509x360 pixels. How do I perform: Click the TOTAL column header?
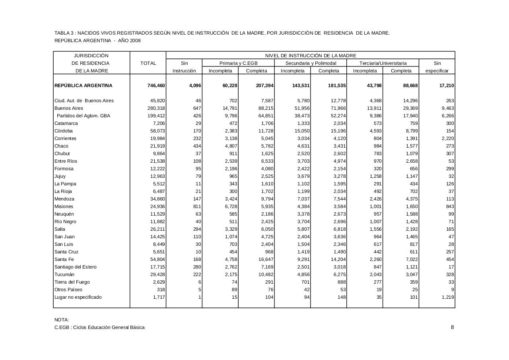click(x=148, y=63)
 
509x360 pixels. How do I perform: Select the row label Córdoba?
click(x=64, y=131)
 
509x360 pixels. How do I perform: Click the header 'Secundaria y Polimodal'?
click(x=311, y=63)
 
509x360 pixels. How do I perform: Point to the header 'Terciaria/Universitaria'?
click(x=383, y=63)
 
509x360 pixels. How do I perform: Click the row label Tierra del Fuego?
click(x=72, y=282)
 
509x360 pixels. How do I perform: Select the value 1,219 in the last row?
click(x=448, y=297)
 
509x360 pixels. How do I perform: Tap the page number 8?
click(x=452, y=327)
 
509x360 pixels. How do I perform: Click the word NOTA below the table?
click(x=62, y=320)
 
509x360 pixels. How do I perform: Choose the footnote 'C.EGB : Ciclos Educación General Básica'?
click(x=99, y=327)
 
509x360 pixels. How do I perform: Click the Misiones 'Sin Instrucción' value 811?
click(x=197, y=206)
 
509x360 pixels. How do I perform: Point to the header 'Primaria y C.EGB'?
click(x=239, y=63)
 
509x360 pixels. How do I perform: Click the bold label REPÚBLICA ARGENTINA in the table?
click(x=84, y=86)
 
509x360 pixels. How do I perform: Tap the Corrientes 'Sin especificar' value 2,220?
click(x=448, y=138)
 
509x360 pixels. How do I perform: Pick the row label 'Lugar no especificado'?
click(x=78, y=297)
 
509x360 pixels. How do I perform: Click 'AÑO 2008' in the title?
click(x=129, y=41)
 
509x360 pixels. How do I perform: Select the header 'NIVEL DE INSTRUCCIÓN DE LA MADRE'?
click(x=311, y=56)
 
